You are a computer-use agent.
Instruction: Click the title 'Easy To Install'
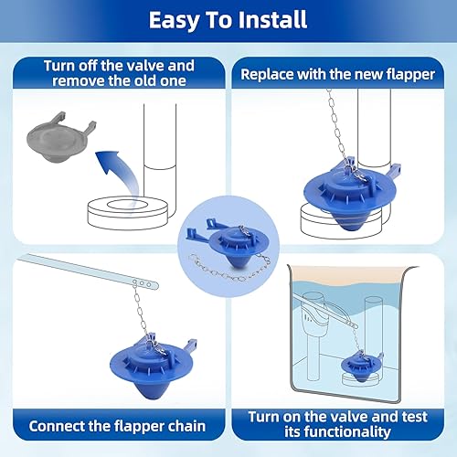(x=228, y=19)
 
